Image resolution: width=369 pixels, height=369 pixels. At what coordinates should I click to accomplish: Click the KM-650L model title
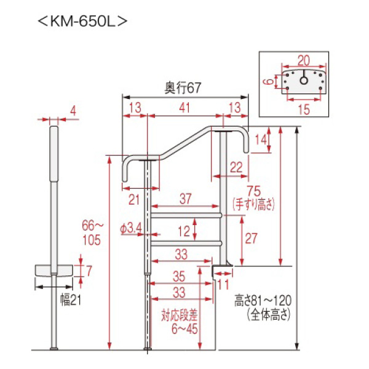pos(82,22)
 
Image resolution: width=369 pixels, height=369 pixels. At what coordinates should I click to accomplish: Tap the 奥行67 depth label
pos(183,88)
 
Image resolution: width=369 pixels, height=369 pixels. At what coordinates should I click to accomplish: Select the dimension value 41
pos(184,108)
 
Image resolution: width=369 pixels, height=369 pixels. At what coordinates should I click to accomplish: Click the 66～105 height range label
pos(92,232)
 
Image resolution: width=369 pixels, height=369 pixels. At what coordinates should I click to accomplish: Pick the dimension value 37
pos(186,199)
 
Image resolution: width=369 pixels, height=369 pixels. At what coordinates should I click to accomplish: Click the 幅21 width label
pos(71,300)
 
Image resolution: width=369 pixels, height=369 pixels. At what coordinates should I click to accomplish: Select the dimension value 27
pos(252,239)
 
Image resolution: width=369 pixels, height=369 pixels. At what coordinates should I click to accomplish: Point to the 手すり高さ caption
pos(253,205)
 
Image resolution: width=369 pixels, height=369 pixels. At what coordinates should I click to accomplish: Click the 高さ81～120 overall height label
pos(263,301)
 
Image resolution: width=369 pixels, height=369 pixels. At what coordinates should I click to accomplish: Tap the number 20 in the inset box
pos(304,61)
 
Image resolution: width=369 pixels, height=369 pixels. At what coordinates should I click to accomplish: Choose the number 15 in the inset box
pos(304,109)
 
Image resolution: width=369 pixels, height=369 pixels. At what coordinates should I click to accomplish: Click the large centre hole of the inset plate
pos(304,81)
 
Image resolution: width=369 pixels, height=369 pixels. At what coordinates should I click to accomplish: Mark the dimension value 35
pos(179,277)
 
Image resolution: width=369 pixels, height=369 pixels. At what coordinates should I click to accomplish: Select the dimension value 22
pos(236,167)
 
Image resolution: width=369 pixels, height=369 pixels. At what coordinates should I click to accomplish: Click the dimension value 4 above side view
pos(73,111)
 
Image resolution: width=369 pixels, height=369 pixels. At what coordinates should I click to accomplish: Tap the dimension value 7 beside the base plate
pos(89,271)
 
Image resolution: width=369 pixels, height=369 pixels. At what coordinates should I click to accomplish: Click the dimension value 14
pos(261,140)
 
